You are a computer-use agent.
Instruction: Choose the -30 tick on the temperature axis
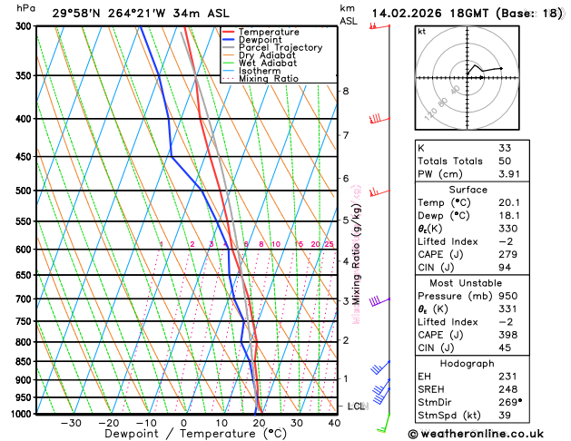[x=71, y=423]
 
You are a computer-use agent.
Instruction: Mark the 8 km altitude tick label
[x=345, y=91]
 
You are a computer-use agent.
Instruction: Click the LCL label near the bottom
[x=356, y=407]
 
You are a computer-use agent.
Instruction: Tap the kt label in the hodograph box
[x=421, y=31]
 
